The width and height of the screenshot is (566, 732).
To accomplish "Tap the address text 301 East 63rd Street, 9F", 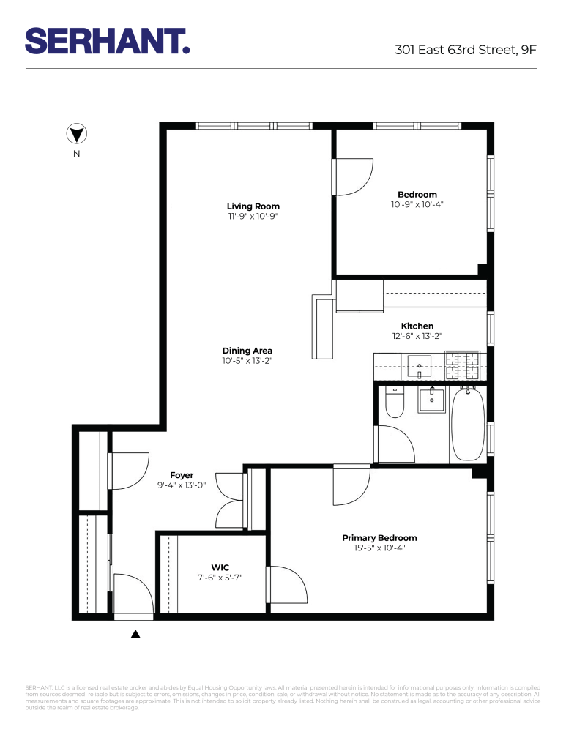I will coord(465,51).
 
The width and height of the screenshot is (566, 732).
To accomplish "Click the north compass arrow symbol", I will coord(77,134).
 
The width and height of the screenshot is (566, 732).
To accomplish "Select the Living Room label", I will coord(253,206).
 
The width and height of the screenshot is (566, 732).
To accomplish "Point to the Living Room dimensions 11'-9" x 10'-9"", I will coord(253,217).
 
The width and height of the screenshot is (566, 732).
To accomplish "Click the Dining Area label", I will coord(247,351).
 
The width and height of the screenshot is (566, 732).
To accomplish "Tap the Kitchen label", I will coord(417,326).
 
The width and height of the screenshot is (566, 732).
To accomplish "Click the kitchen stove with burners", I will coord(462,365).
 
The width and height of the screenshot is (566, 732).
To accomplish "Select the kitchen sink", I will coord(420,365).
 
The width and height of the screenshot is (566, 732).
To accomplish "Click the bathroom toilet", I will coord(395,403).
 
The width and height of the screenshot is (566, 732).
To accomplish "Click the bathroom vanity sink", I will coord(432,400).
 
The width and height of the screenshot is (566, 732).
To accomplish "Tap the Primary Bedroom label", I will coord(379,538).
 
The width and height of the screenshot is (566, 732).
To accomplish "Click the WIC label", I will coord(220,567).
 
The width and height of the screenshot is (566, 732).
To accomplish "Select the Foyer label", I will coord(182,475).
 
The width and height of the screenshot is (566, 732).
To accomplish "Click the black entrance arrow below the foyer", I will coord(135,634).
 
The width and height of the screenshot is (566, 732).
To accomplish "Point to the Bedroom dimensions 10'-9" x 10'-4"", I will coord(417,205).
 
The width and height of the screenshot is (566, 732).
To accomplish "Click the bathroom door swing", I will coord(395,444).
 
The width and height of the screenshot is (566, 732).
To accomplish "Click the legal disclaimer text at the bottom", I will coord(283,698).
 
